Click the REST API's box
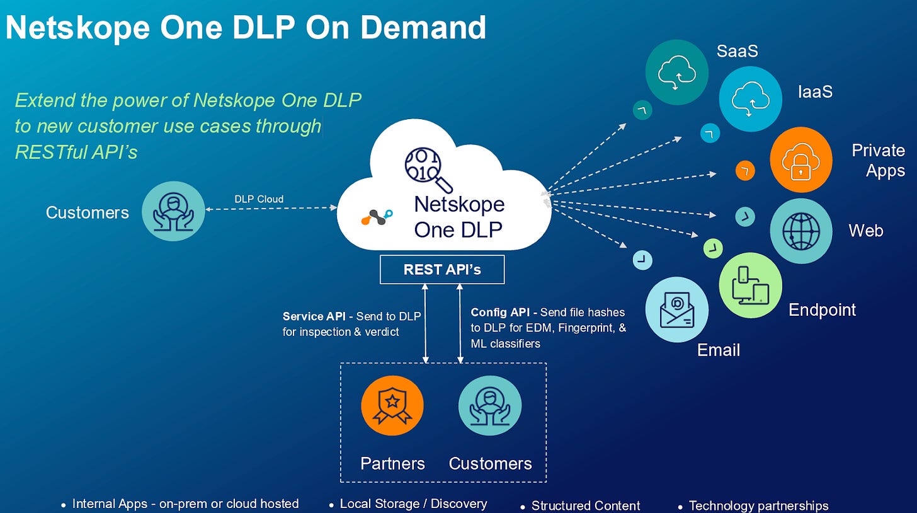(441, 270)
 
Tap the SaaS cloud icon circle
(676, 72)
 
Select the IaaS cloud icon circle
(749, 100)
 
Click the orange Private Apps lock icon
(800, 160)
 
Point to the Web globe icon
(801, 231)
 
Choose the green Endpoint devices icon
(750, 285)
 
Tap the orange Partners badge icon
(392, 406)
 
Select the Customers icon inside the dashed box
(489, 406)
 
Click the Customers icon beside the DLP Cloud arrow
(173, 212)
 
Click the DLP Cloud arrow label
(259, 199)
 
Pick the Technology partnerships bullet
(758, 505)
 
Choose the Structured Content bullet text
(586, 505)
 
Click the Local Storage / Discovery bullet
(413, 504)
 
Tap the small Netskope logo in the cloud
(377, 216)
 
